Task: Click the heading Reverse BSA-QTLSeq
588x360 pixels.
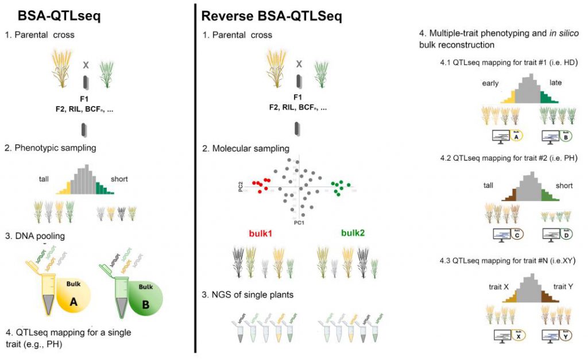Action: pos(272,16)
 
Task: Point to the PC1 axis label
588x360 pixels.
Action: pos(297,222)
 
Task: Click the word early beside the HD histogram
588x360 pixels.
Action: pos(492,83)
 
